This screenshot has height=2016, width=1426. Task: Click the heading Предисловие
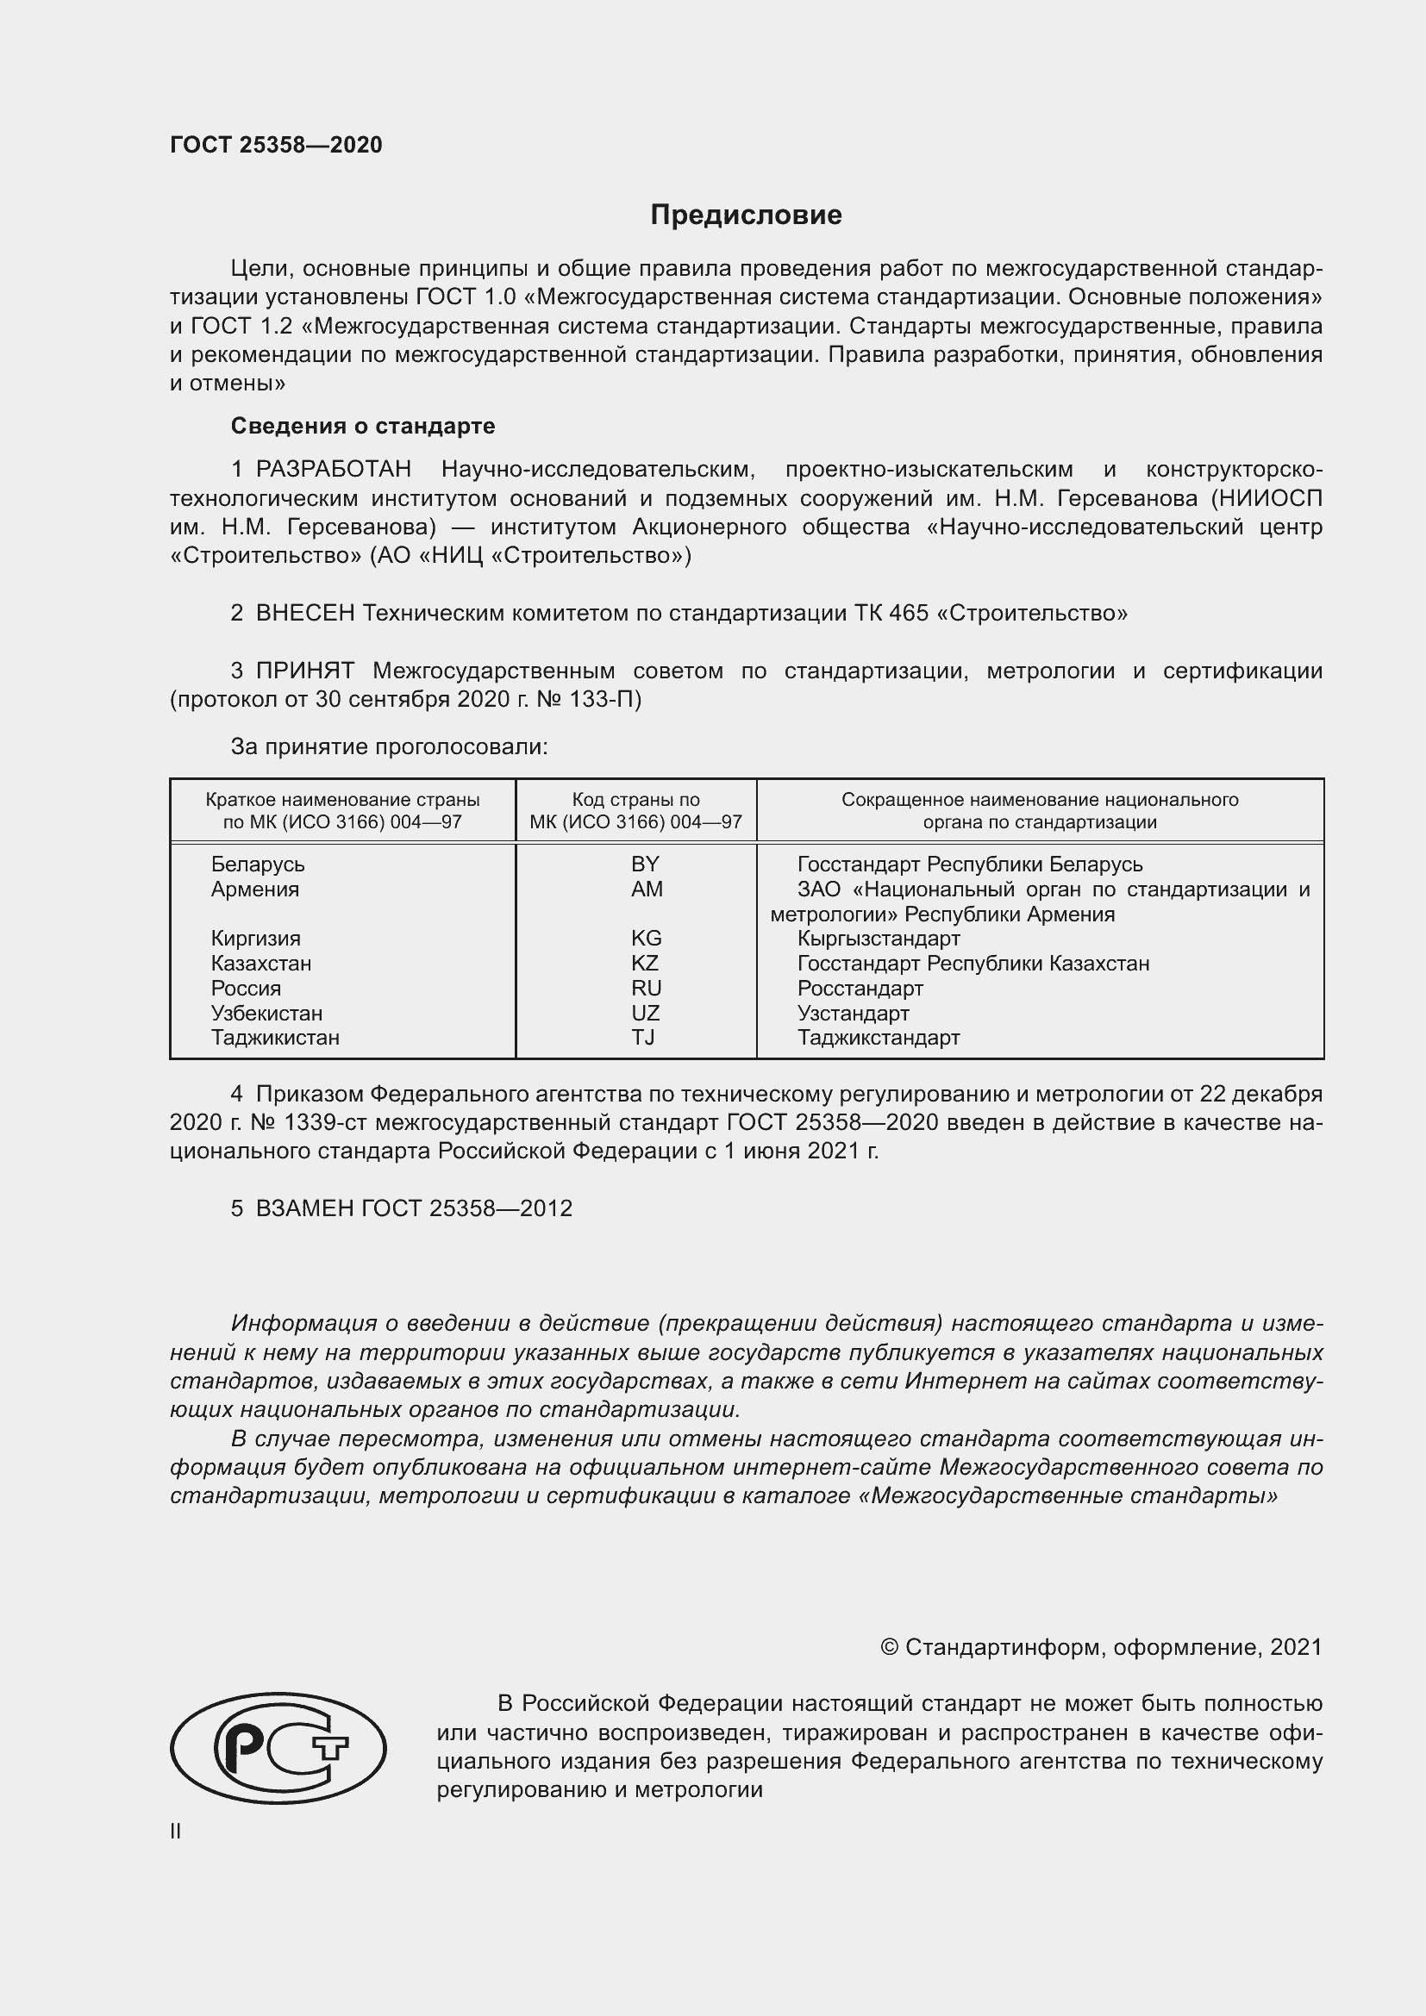pyautogui.click(x=746, y=215)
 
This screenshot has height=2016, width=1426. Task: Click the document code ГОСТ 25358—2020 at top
pyautogui.click(x=276, y=145)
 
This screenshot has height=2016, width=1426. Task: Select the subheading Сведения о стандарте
pyautogui.click(x=363, y=426)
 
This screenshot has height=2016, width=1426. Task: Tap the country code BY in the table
pyautogui.click(x=645, y=864)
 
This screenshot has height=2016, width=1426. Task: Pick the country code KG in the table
pyautogui.click(x=646, y=938)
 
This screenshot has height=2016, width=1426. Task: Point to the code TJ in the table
pyautogui.click(x=643, y=1037)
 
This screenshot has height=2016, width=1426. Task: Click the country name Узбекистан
pyautogui.click(x=266, y=1013)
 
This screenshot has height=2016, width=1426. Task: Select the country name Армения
pyautogui.click(x=254, y=889)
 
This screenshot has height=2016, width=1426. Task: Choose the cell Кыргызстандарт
pyautogui.click(x=878, y=938)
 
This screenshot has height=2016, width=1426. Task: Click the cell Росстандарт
pyautogui.click(x=860, y=988)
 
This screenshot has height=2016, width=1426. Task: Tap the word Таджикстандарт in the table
pyautogui.click(x=878, y=1037)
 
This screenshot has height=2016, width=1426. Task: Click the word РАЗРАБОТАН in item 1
pyautogui.click(x=333, y=470)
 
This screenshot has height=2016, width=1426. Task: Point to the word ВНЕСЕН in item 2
pyautogui.click(x=304, y=613)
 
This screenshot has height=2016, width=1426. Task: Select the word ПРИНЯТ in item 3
pyautogui.click(x=304, y=671)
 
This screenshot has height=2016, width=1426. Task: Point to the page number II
pyautogui.click(x=176, y=1831)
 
